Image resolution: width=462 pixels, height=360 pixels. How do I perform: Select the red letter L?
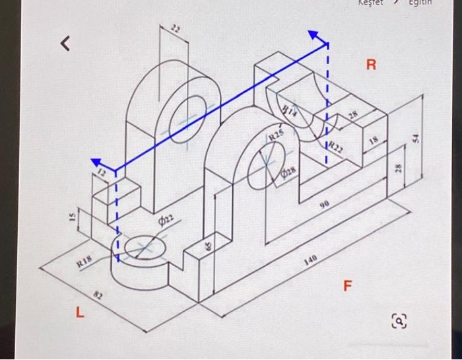point(79,314)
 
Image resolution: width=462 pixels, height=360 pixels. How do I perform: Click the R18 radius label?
point(84,262)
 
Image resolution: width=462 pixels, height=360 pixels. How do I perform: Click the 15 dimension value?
point(75,216)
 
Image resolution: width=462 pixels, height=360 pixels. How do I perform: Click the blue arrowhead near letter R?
point(317,36)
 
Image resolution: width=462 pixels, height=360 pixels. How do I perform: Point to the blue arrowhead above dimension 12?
point(99,162)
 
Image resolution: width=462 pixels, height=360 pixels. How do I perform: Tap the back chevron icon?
point(64,44)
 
